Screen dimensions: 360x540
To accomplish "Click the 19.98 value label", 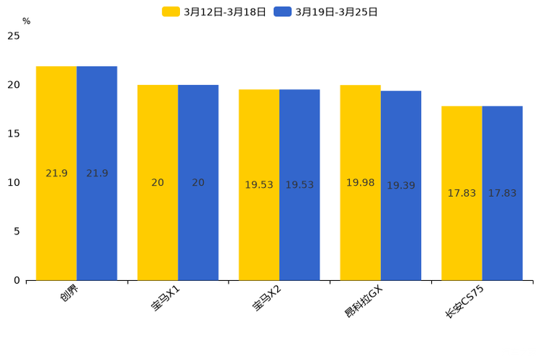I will [x=360, y=183].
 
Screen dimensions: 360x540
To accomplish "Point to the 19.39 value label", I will [x=401, y=186].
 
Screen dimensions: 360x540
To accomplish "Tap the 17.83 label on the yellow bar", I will [x=462, y=193].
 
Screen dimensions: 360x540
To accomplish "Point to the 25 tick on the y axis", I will [x=14, y=36].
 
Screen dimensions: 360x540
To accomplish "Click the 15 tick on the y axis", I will [x=14, y=134].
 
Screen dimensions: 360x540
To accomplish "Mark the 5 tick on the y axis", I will [x=17, y=232].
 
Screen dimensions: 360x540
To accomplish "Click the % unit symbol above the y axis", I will [x=26, y=21].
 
